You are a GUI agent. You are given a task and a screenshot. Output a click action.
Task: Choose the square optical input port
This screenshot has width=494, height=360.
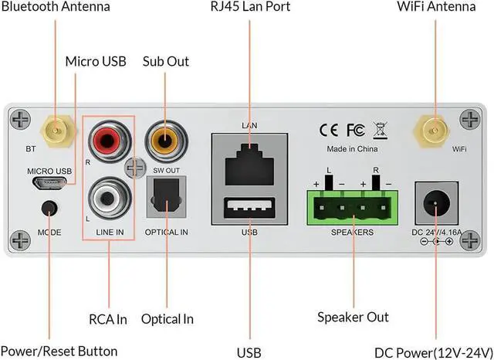pos(164,200)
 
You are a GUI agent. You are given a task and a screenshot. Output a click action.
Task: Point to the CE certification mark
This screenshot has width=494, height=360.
pos(330,128)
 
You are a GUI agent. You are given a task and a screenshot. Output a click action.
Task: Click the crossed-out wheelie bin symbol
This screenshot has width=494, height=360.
pos(380,128)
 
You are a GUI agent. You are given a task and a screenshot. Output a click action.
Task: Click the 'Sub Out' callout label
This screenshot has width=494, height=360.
pos(166,61)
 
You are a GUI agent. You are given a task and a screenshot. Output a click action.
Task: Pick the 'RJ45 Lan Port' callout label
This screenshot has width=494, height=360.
pos(249,7)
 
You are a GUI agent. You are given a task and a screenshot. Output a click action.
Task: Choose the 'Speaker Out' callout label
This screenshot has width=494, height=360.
pos(353,317)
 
